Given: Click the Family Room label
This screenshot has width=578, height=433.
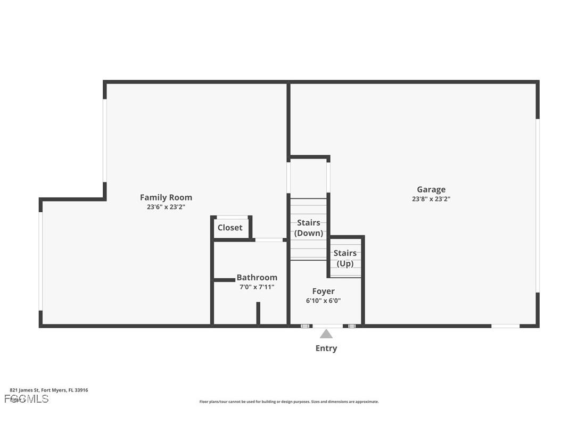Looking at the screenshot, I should pos(166,197).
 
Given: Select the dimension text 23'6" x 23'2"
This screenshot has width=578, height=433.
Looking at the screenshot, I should pos(166,207).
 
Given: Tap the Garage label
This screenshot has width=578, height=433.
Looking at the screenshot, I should pos(431,189).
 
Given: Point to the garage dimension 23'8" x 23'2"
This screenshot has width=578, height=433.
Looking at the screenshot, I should pos(431,199).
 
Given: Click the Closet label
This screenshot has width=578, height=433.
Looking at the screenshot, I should pos(230,228).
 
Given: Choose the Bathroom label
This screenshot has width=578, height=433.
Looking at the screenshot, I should pos(257,277).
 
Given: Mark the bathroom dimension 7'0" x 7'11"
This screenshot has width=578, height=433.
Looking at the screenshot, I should pos(257,287).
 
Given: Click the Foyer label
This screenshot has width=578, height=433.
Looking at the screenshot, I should pos(324,291).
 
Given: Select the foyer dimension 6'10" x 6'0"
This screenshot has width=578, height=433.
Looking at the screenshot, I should pos(324,301).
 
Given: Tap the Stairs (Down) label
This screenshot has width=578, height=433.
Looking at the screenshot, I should pos(309,228).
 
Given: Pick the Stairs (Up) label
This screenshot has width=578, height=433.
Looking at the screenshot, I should pos(345,258).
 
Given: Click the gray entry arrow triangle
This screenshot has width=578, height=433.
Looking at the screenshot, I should pos(326,334).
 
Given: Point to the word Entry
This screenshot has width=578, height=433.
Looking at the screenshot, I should pos(326,348).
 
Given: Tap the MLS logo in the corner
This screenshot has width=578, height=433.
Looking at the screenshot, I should pos(27,399).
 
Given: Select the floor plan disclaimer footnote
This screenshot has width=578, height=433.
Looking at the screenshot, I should pos(289,402).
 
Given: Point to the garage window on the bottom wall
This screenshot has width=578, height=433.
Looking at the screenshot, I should pos(505,326).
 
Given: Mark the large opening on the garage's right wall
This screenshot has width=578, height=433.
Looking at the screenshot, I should pos(538,205).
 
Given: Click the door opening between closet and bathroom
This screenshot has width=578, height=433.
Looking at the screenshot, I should pos(269,240).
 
